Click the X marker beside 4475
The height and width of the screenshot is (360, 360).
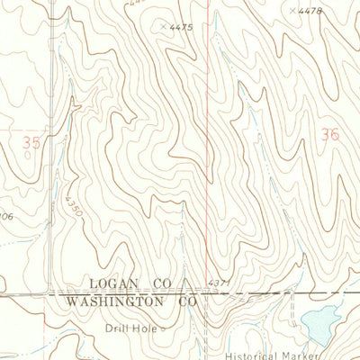tap(163, 26)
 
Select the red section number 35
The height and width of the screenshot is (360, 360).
tap(32, 140)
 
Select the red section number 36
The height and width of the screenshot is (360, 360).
tap(329, 134)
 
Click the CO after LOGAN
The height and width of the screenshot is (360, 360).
tap(163, 283)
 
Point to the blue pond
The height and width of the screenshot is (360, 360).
tap(317, 319)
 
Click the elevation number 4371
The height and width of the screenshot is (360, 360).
tap(219, 283)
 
